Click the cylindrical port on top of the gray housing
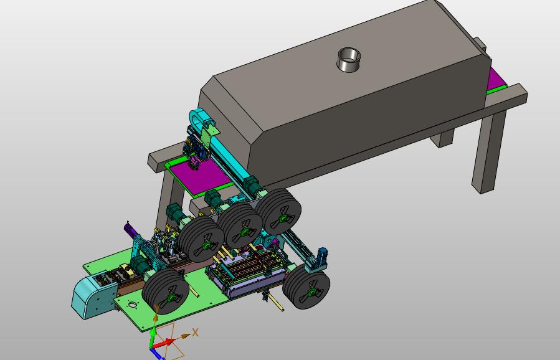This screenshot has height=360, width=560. point(348,60)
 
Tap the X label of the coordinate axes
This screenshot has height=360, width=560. point(195,333)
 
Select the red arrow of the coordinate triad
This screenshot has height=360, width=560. point(165,343)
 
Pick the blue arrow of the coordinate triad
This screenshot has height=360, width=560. point(157,354)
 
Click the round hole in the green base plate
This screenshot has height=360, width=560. point(132,305)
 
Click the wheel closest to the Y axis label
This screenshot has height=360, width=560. point(166,291)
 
